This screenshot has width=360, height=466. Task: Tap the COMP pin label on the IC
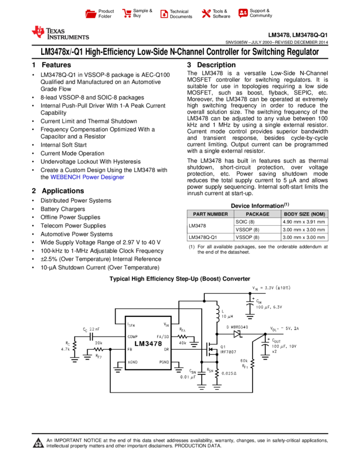click(x=133, y=337)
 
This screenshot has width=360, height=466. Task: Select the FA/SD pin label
click(x=163, y=337)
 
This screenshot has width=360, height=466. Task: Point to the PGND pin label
click(x=164, y=362)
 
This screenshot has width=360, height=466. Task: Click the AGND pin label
click(x=133, y=362)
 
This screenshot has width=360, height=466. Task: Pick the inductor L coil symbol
click(x=217, y=314)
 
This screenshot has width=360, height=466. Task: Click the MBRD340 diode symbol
click(x=237, y=334)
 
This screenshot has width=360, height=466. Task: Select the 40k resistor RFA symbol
click(x=182, y=337)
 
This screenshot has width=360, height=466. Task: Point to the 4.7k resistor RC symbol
click(x=75, y=348)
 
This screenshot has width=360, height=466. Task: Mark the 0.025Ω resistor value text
click(x=229, y=373)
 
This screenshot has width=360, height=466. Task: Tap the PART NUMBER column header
click(x=210, y=214)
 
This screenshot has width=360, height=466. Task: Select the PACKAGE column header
click(x=258, y=214)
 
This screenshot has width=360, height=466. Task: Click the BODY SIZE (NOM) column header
click(x=305, y=214)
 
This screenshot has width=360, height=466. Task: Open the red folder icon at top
click(x=91, y=14)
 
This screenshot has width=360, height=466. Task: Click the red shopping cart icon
click(x=127, y=14)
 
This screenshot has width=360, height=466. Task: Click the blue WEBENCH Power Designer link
click(x=88, y=178)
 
